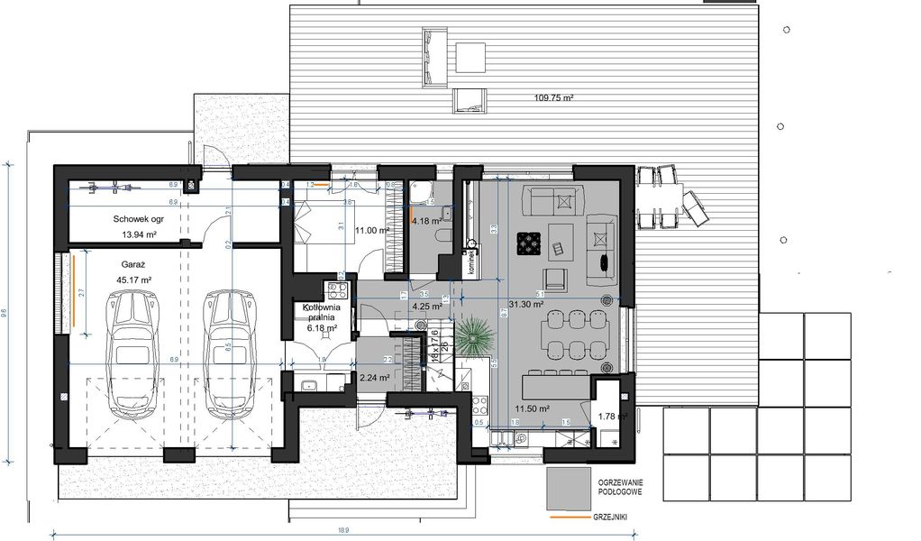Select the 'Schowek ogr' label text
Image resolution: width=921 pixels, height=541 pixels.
point(137,219)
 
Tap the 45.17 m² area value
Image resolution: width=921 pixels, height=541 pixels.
point(134,280)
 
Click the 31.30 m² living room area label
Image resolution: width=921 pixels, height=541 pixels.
point(526,305)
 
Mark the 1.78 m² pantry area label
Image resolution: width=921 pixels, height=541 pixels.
point(612,416)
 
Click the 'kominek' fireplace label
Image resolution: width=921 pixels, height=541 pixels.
point(470,261)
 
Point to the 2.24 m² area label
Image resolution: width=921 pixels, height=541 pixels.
point(374,379)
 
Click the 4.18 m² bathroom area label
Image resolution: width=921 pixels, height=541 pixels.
point(426,220)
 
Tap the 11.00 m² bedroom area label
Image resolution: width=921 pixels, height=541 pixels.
point(371,231)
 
